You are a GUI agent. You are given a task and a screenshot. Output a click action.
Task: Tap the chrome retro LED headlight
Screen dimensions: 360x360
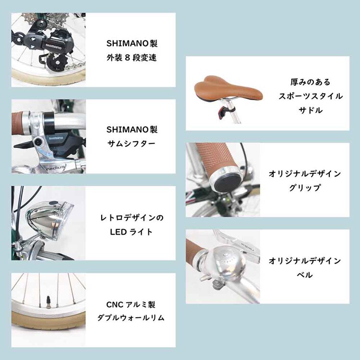coord(49,217)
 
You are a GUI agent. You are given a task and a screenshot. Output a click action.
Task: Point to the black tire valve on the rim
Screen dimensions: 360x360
coord(48,300)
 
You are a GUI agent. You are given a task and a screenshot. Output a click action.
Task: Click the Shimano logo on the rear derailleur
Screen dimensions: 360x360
coord(53,47)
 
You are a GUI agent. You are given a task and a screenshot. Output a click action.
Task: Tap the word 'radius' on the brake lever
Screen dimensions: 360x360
coord(55,168)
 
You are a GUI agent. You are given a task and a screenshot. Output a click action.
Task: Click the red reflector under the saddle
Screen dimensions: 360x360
coord(222,112)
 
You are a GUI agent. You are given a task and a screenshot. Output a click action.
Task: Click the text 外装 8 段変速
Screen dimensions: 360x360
coord(132,58)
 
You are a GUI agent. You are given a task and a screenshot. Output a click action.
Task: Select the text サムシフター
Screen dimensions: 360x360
coord(132,144)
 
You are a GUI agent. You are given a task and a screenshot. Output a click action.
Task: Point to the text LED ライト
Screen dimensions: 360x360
coord(131,232)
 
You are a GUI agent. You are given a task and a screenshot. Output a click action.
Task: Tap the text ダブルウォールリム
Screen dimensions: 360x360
coord(131,318)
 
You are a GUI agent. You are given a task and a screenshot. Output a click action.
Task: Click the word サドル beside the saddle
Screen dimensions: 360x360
coord(311,110)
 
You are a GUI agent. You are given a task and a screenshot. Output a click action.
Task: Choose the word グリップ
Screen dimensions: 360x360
coord(304,188)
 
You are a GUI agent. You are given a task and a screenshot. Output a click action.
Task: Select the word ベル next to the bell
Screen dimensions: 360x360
coord(305,275)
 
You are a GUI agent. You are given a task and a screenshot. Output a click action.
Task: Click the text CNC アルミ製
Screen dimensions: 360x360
coord(131,305)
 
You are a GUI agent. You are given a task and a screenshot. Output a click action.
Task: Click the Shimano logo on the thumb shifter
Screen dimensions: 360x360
coord(56,138)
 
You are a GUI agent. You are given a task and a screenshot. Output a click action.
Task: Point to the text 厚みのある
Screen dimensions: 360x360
coord(311,82)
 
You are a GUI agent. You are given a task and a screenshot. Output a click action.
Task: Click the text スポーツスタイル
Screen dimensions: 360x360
coord(311,96)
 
